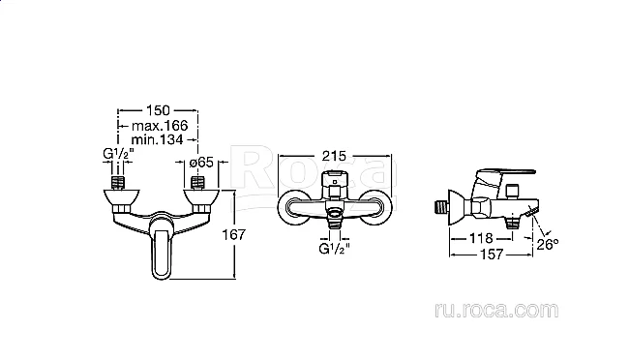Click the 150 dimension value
[x=158, y=110]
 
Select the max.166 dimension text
[x=160, y=126]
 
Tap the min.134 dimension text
[x=157, y=139]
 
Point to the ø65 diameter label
[x=201, y=163]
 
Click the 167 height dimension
[x=234, y=234]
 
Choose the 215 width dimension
[x=334, y=156]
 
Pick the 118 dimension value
[x=481, y=238]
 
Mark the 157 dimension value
[x=492, y=255]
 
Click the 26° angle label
[x=548, y=244]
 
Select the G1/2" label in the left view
[x=118, y=154]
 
